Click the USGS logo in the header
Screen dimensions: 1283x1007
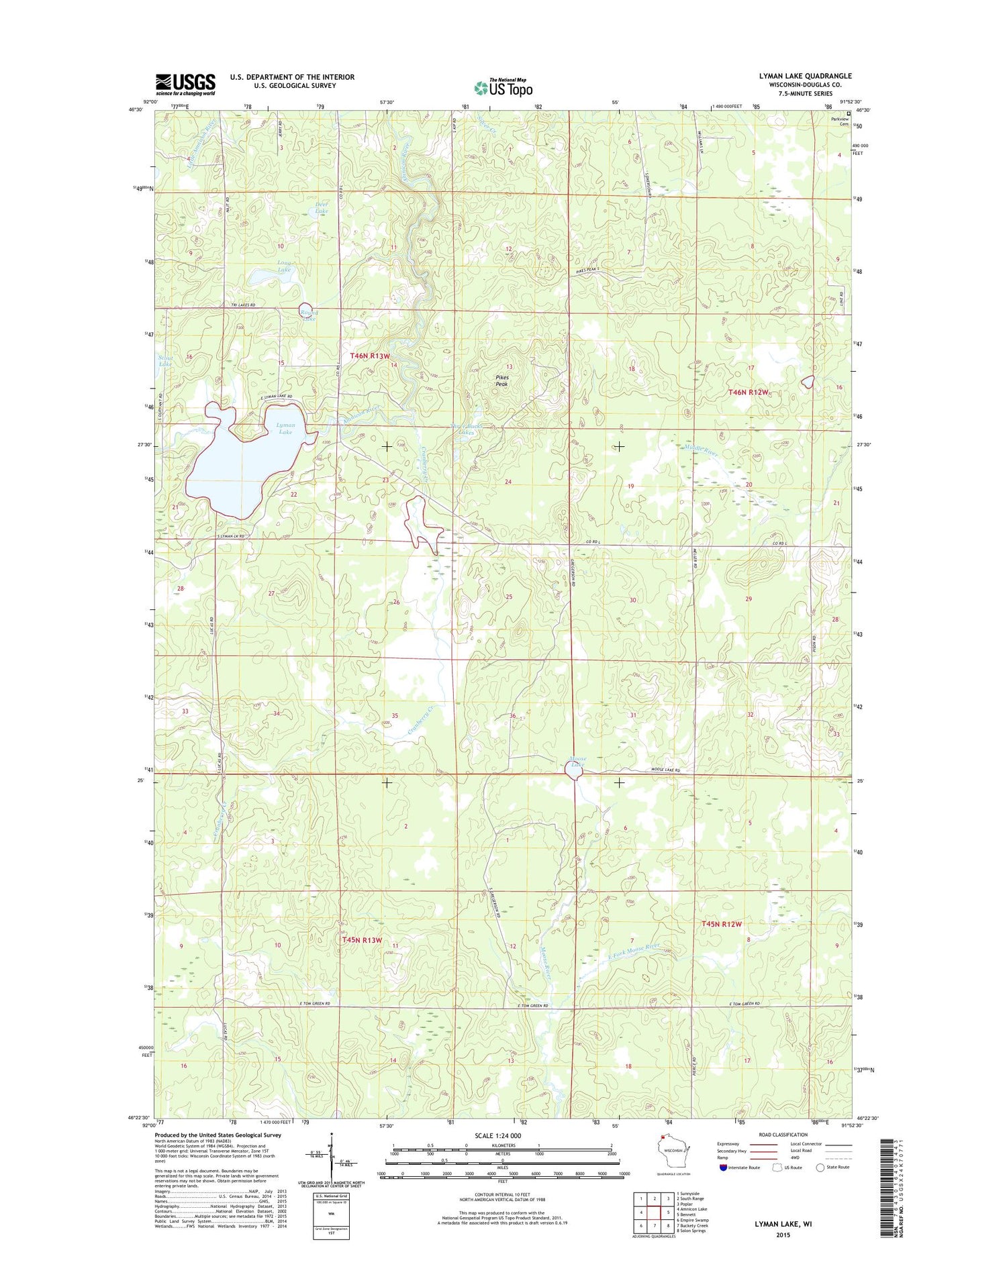click(185, 84)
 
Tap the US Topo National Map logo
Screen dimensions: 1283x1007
click(503, 87)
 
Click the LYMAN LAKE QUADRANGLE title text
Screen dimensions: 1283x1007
click(805, 76)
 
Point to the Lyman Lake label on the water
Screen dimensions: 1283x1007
click(285, 429)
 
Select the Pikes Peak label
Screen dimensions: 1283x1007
click(502, 380)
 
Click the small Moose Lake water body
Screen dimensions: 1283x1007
click(574, 773)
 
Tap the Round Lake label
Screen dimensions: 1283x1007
click(308, 315)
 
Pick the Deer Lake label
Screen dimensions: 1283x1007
click(322, 207)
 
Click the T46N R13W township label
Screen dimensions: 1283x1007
click(370, 356)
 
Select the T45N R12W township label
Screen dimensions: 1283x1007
click(722, 924)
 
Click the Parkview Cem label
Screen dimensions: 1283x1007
click(840, 121)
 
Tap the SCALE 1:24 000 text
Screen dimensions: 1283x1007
click(497, 1135)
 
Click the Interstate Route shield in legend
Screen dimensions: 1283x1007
click(722, 1167)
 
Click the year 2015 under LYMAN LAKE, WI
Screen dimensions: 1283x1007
click(783, 1235)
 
